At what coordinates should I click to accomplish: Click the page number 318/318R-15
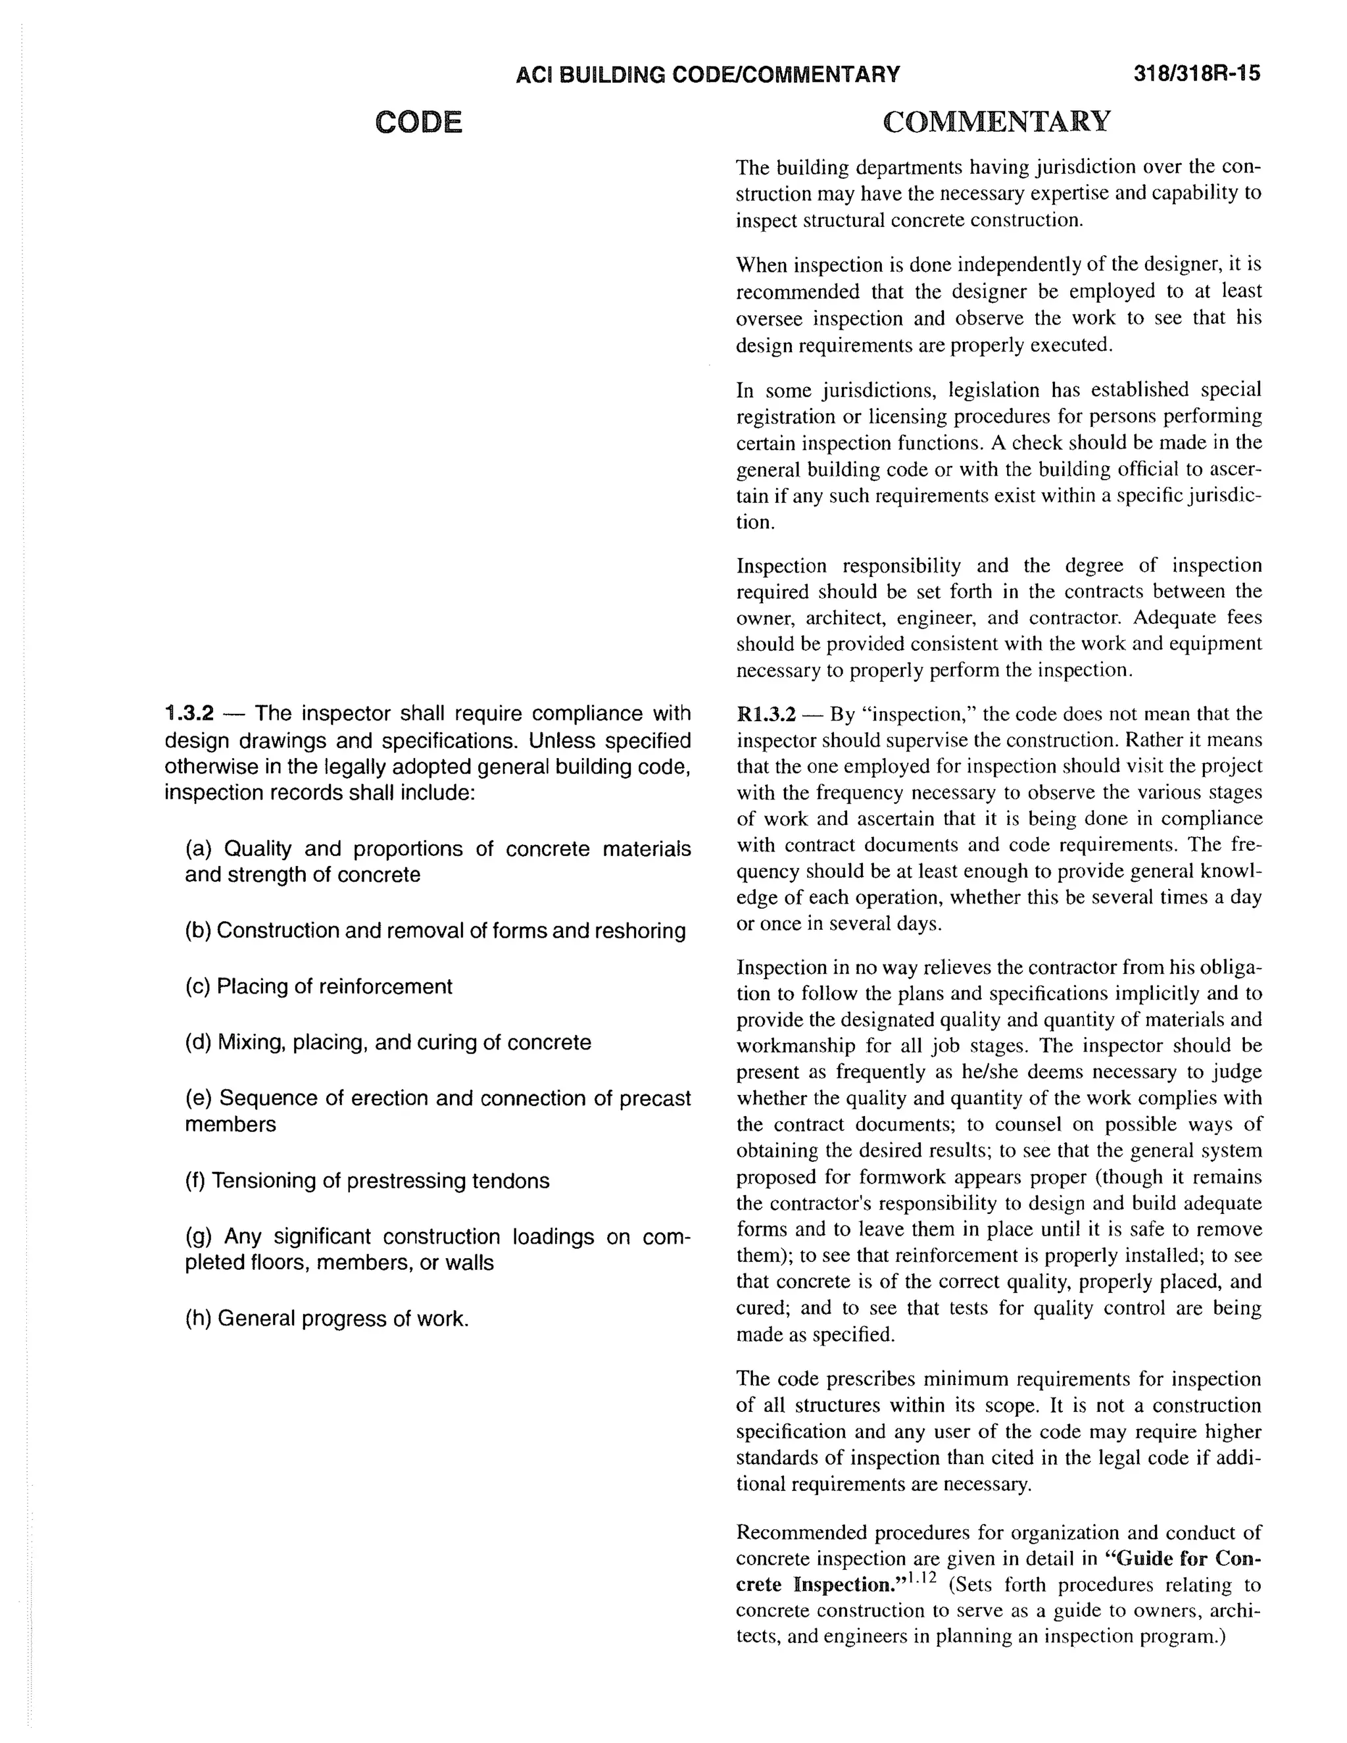coord(1196,74)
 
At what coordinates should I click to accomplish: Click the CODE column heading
coord(418,122)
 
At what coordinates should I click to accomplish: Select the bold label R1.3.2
coord(766,713)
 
